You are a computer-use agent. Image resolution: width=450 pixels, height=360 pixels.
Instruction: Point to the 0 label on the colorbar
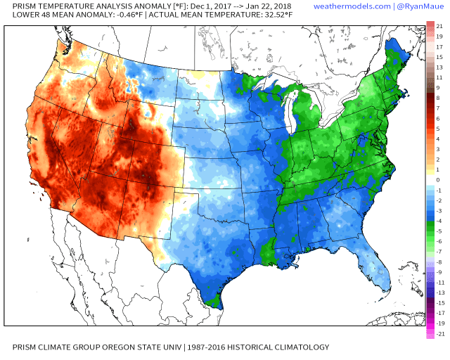[x=438, y=179]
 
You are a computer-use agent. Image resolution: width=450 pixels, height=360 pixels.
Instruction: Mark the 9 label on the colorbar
[x=438, y=88]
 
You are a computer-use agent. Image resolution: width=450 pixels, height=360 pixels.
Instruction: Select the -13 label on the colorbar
[x=439, y=292]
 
